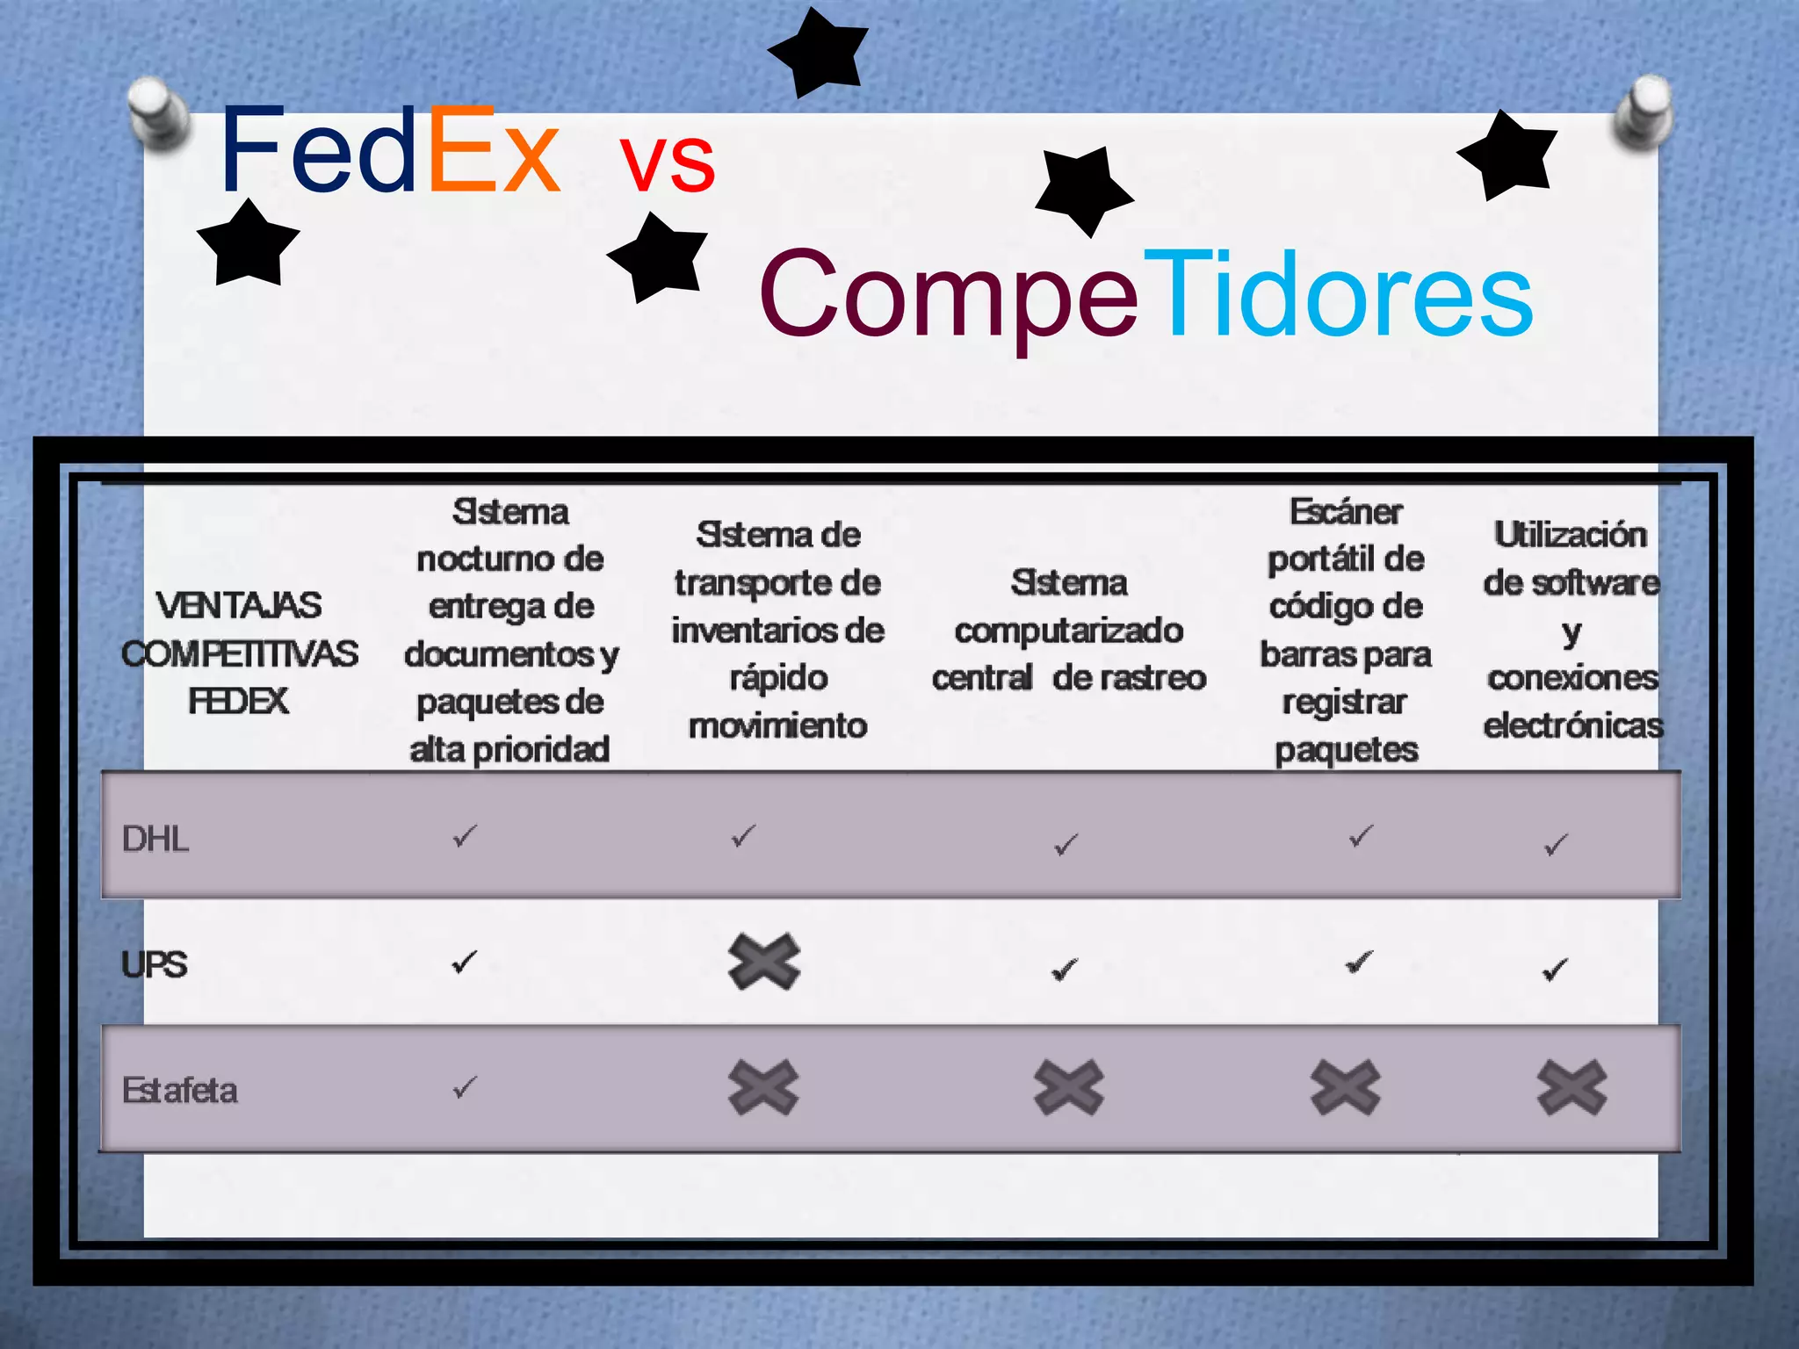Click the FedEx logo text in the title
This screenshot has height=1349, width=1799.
(389, 151)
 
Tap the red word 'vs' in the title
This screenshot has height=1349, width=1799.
(668, 162)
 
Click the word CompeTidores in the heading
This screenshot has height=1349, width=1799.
(1145, 293)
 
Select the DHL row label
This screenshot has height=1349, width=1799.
(155, 839)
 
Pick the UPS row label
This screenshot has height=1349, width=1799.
(155, 964)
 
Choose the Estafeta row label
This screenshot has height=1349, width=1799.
(180, 1090)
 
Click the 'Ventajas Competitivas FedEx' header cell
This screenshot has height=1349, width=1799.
(239, 653)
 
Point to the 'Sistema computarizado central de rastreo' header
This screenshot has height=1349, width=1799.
(1069, 630)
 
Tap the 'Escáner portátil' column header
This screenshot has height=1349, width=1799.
(1346, 630)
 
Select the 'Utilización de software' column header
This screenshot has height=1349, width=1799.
(1572, 630)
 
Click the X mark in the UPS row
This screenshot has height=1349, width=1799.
(764, 963)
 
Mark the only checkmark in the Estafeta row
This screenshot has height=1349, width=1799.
(465, 1087)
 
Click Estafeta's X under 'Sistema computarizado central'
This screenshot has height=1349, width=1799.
(1069, 1087)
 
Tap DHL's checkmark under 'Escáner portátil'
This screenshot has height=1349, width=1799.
(1361, 836)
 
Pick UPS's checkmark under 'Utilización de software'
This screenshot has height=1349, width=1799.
(1555, 970)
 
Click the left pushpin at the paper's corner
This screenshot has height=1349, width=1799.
(158, 112)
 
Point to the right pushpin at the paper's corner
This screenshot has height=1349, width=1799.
(1644, 112)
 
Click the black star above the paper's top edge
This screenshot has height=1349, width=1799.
(819, 51)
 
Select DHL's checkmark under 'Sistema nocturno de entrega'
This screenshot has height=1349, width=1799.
(465, 836)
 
